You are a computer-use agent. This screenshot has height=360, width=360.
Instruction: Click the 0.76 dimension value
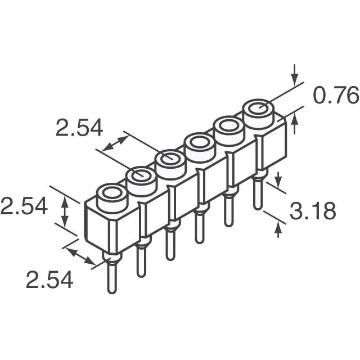point(336,95)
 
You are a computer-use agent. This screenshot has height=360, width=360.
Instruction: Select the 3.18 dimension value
point(313,211)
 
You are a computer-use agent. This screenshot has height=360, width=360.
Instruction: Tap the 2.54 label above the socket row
point(79,128)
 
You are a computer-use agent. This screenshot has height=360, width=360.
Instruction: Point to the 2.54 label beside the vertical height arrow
point(24,206)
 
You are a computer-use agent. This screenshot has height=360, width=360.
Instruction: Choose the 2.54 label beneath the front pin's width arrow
point(49,280)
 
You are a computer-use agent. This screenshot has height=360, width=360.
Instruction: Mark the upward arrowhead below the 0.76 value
point(294,120)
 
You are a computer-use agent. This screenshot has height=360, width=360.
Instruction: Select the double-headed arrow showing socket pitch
point(115,143)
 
